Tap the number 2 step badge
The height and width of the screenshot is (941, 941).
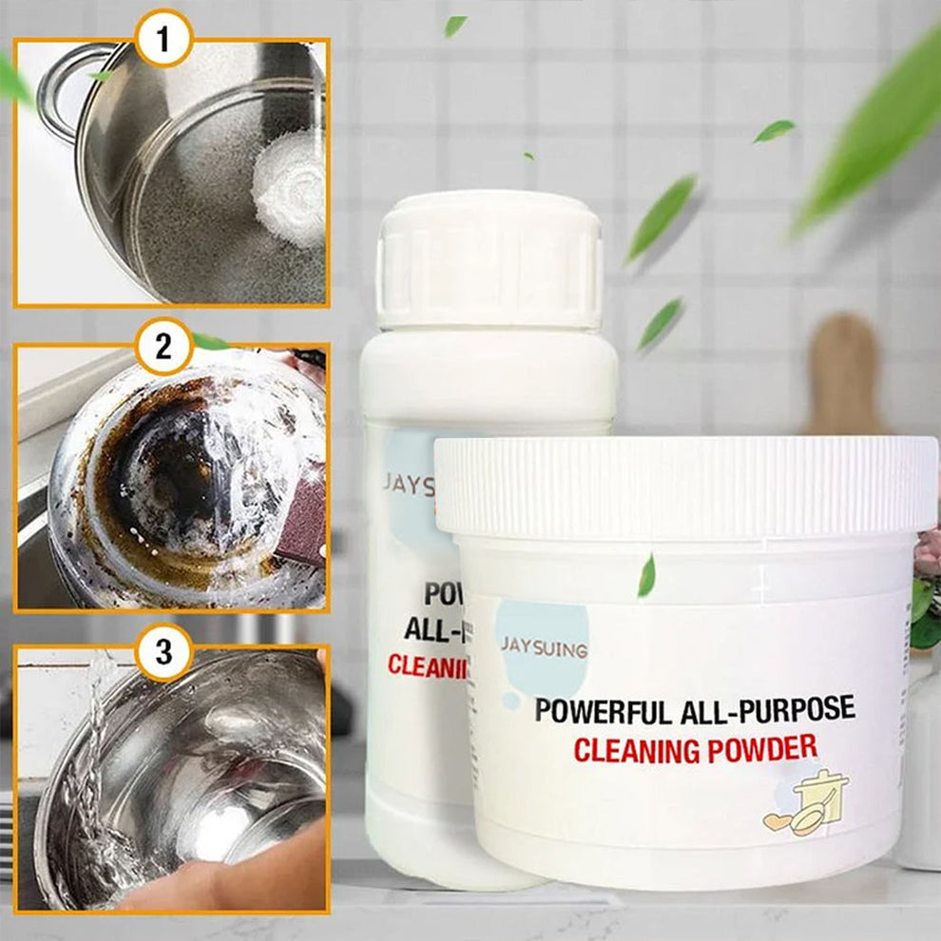[164, 346]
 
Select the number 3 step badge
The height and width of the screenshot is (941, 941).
[164, 651]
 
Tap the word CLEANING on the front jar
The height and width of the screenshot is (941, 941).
[635, 751]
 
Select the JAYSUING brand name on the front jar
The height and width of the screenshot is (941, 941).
[545, 650]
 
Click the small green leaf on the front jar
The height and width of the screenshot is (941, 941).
[646, 576]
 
